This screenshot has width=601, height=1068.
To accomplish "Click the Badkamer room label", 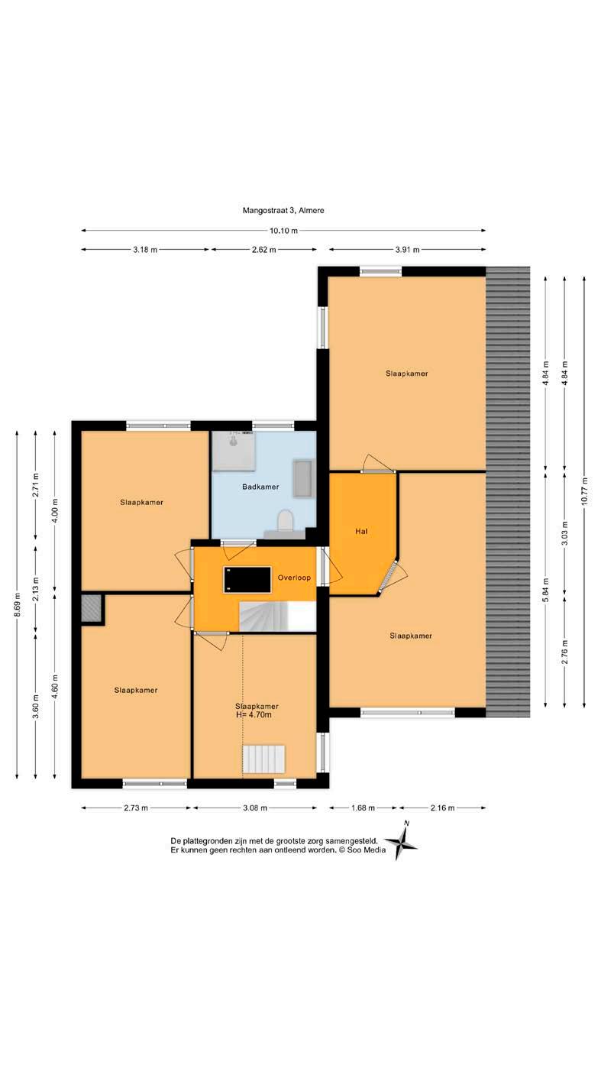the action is click(x=260, y=487).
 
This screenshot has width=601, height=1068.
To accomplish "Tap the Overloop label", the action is click(x=294, y=578).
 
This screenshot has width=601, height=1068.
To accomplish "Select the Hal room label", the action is click(x=361, y=531).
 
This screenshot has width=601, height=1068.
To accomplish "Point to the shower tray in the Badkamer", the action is click(x=233, y=451).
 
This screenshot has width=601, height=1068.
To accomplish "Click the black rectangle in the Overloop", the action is click(x=247, y=580).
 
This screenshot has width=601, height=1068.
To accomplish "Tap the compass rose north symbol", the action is click(x=401, y=845).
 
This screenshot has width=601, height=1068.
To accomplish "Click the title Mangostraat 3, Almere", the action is click(x=283, y=210).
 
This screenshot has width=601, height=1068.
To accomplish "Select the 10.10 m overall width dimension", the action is click(x=283, y=231).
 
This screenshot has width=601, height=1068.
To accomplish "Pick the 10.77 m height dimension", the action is click(x=584, y=492).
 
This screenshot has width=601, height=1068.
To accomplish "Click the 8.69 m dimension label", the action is click(x=17, y=605).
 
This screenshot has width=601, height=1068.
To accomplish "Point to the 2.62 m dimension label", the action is click(x=264, y=249).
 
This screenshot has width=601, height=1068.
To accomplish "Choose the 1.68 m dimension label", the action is click(x=363, y=807).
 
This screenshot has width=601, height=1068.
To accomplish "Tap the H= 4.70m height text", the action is click(x=254, y=715).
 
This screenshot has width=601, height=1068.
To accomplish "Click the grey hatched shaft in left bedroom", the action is click(x=92, y=608).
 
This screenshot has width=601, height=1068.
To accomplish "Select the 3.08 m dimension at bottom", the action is click(x=255, y=807).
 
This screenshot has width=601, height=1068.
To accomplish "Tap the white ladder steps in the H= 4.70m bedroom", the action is click(x=264, y=759).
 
